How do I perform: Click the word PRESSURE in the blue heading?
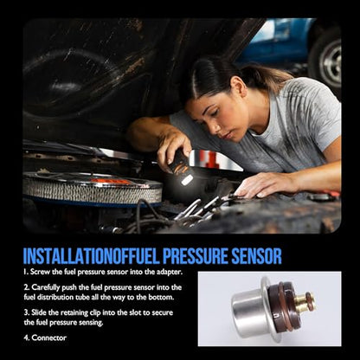[x=195, y=256]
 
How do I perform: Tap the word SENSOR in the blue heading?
[x=256, y=256]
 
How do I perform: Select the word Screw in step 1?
[x=38, y=272]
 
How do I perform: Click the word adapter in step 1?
[x=168, y=272]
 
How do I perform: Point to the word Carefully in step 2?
[x=45, y=287]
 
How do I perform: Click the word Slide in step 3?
[x=38, y=312]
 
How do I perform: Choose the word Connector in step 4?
[x=49, y=337]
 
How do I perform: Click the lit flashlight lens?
[x=187, y=180]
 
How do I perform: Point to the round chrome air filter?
[x=93, y=188]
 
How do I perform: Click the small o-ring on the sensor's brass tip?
[x=310, y=300]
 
